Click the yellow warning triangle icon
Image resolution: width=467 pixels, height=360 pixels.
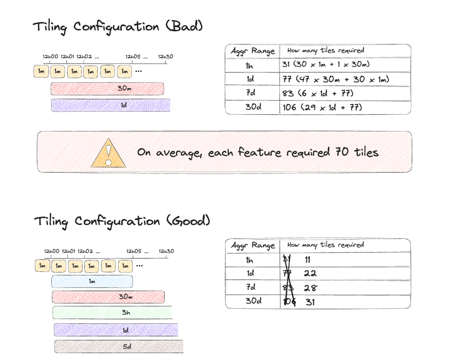click(x=108, y=154)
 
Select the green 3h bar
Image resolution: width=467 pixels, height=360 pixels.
click(x=112, y=312)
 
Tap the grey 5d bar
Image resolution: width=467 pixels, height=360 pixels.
click(x=119, y=346)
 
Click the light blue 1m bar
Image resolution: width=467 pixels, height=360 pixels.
click(x=92, y=281)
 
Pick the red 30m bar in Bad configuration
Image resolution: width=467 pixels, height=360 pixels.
click(x=107, y=89)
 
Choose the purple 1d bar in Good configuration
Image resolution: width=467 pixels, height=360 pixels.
click(x=116, y=330)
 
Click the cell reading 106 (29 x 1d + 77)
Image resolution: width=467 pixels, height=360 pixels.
click(x=322, y=107)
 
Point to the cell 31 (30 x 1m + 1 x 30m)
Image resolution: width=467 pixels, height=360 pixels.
click(x=326, y=64)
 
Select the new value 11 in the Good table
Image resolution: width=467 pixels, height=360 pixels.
click(x=308, y=259)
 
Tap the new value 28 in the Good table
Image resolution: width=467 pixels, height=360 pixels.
click(x=310, y=288)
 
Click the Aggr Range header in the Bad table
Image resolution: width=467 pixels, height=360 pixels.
click(x=252, y=51)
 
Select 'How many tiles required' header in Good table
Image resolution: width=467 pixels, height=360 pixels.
click(x=325, y=245)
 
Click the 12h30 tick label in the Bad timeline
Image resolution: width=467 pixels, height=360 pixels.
click(x=166, y=56)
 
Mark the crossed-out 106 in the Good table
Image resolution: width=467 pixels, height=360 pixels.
click(x=289, y=302)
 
